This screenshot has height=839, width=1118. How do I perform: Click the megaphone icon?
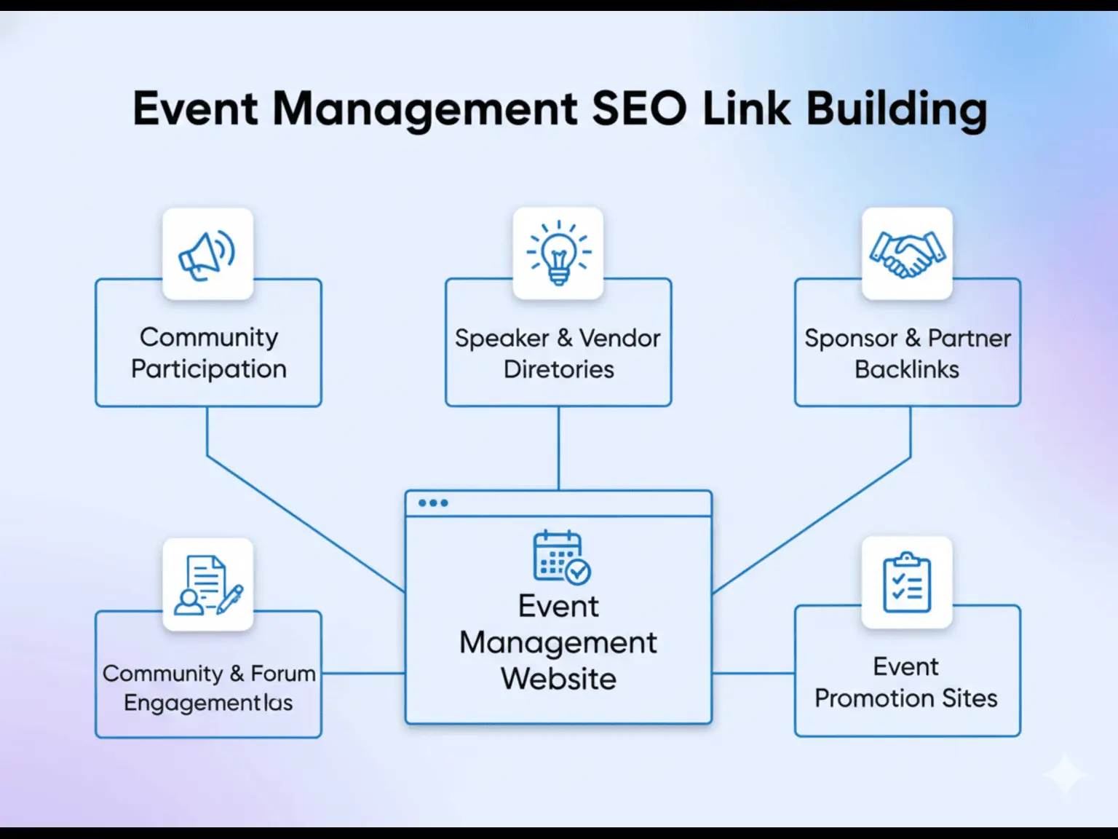[x=207, y=255]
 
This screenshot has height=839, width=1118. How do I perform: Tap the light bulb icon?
[x=558, y=253]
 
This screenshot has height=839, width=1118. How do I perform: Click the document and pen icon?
[x=208, y=585]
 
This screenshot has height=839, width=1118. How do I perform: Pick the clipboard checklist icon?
[x=907, y=583]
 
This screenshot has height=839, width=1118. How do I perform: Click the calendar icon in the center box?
[x=561, y=557]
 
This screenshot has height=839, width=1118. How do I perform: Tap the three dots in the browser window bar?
[x=433, y=503]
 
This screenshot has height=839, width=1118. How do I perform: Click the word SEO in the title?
[x=638, y=109]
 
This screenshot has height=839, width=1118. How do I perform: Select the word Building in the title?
[x=897, y=109]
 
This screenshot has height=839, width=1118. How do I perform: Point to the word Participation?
[x=209, y=369]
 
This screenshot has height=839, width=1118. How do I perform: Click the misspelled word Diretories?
[x=559, y=369]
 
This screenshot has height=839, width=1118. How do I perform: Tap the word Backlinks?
[x=907, y=369]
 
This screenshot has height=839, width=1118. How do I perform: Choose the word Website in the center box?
[x=558, y=679]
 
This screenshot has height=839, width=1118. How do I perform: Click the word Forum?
[x=283, y=674]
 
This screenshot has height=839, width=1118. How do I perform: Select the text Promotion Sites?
[x=906, y=698]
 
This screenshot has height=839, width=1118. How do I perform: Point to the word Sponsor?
[x=851, y=339]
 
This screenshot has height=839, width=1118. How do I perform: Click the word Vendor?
[x=619, y=339]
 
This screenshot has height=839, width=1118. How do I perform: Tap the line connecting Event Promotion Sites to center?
[x=753, y=674]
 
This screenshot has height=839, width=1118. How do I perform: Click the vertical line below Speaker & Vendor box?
[x=558, y=448]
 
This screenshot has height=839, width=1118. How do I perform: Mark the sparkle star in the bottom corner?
[x=1065, y=774]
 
